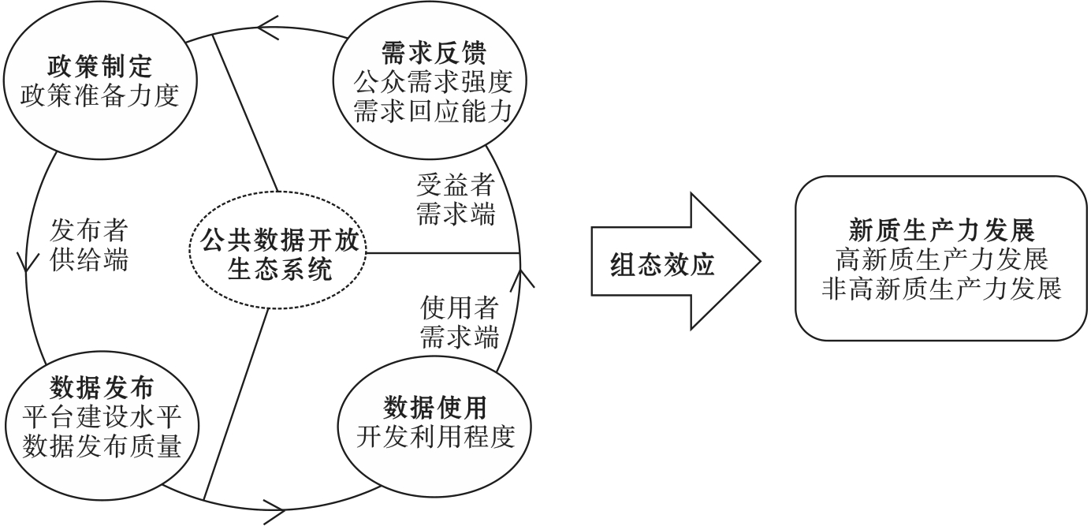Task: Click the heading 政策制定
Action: tap(103, 62)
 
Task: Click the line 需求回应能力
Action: tap(432, 110)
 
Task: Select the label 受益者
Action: tap(456, 186)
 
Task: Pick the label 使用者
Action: tap(458, 306)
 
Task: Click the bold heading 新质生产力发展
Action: tap(940, 230)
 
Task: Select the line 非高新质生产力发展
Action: tap(940, 287)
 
